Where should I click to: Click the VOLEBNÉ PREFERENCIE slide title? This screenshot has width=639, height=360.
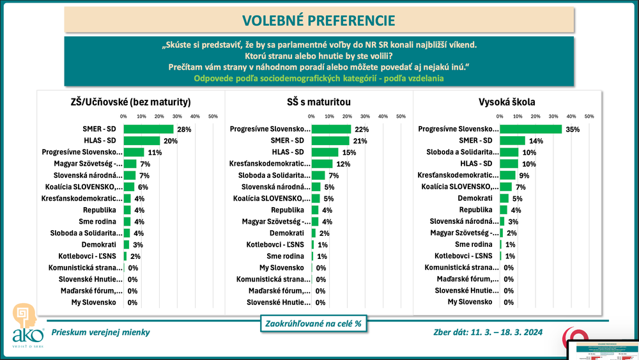319,20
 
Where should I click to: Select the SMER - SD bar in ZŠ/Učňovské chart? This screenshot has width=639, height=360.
148,129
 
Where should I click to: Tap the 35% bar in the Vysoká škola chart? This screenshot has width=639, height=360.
530,129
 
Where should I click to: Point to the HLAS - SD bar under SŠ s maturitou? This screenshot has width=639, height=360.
325,152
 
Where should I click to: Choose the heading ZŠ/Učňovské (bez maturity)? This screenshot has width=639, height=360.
130,101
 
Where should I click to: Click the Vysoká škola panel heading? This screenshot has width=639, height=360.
507,101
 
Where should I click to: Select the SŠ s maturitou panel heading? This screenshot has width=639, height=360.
319,101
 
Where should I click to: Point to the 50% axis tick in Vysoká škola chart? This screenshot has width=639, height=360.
589,116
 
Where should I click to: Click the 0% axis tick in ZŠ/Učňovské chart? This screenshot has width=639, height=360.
123,116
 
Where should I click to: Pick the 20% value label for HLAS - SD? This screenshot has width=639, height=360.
170,141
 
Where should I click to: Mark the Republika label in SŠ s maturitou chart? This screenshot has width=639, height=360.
291,210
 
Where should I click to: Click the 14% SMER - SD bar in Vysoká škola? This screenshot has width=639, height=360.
512,141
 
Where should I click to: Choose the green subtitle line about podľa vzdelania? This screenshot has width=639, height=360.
319,78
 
